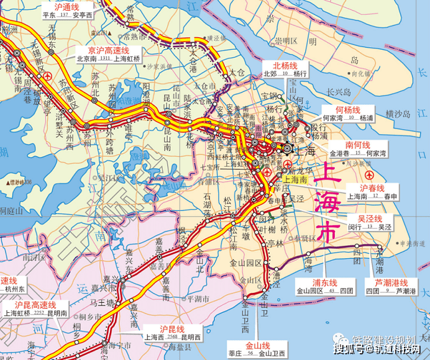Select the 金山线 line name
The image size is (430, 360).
pos(256,345)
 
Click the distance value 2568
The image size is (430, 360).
pos(172,338)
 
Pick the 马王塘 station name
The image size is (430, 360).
pos(100,303)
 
